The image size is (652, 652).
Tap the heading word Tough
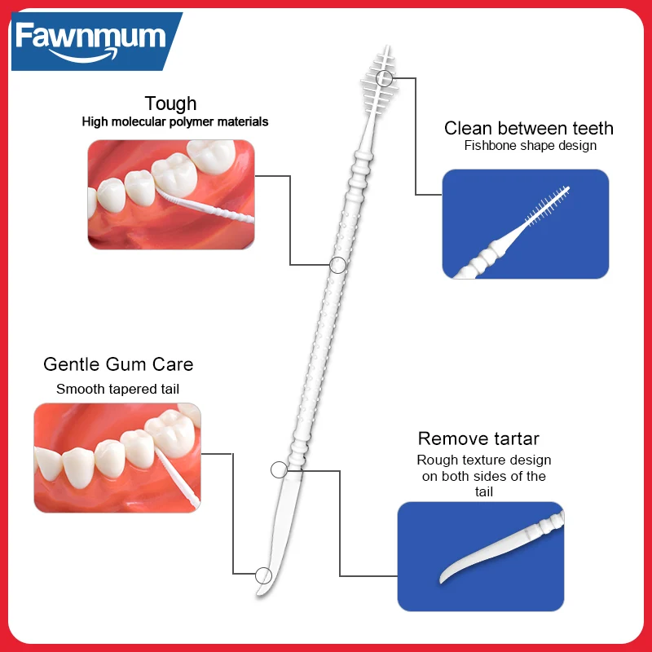click(170, 104)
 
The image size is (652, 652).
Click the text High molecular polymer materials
click(174, 122)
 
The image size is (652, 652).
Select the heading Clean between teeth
click(528, 128)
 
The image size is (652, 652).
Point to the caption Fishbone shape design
click(530, 146)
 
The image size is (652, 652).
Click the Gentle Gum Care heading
click(118, 363)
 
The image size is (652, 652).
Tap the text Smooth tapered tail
click(117, 389)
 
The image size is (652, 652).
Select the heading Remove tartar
click(478, 439)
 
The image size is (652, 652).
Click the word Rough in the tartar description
click(437, 460)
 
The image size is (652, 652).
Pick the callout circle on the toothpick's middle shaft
click(337, 264)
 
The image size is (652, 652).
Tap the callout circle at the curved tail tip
click(263, 574)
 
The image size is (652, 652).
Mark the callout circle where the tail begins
click(279, 469)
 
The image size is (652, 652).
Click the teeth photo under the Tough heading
click(171, 195)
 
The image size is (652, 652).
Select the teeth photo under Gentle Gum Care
click(117, 457)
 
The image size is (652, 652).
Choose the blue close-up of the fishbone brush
click(525, 223)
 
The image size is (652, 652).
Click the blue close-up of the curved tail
click(480, 555)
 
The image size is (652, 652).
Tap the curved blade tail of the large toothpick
click(279, 530)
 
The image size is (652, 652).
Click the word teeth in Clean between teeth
click(588, 128)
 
